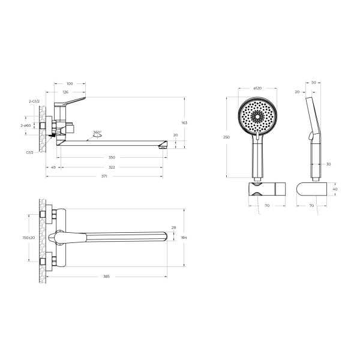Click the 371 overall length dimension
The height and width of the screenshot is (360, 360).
[x=104, y=176]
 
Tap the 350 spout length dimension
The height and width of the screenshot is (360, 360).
[x=112, y=157]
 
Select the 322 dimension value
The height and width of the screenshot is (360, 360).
[x=112, y=167]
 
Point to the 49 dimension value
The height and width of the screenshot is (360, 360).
[x=53, y=167]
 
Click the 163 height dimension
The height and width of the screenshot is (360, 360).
[x=184, y=123]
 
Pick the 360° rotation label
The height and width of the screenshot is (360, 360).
[x=97, y=133]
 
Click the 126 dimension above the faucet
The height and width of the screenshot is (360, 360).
[x=65, y=92]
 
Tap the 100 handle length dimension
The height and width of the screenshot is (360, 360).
[x=70, y=83]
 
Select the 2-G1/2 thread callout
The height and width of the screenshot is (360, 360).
[x=34, y=101]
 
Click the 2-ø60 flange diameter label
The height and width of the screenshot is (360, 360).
[x=26, y=125]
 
